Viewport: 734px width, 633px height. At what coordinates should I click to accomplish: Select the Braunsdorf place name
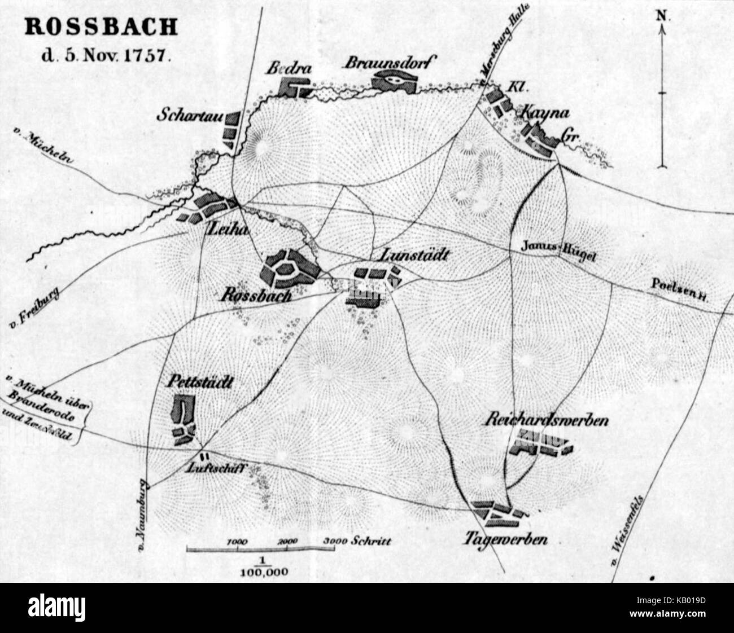coord(390,62)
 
